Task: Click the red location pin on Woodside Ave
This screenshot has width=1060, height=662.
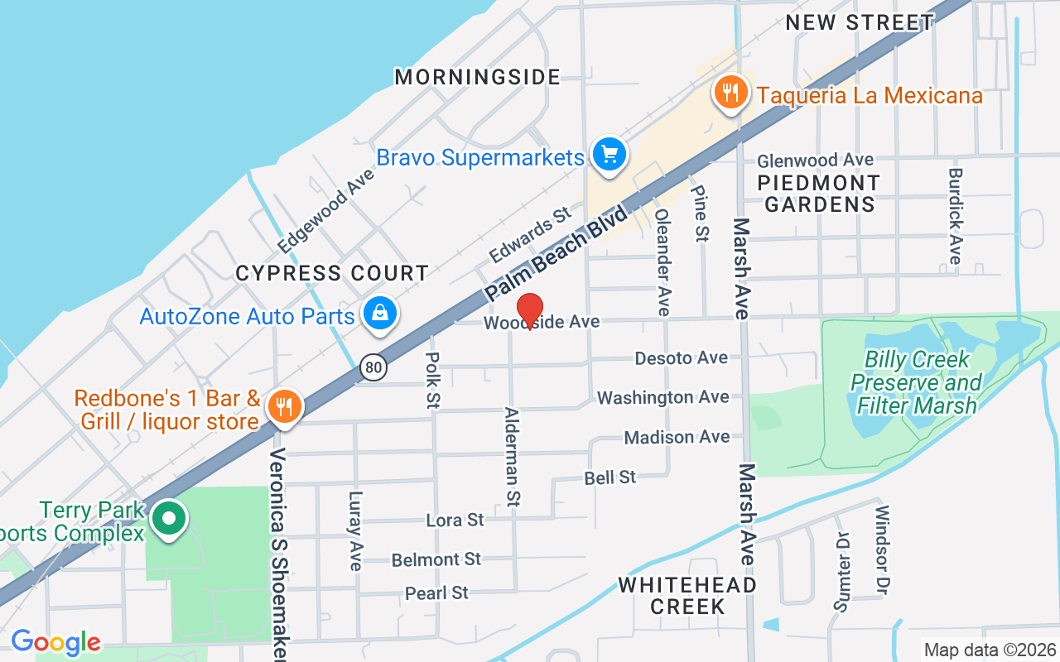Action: (x=529, y=310)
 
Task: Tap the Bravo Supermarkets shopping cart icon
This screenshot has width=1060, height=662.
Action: (x=610, y=154)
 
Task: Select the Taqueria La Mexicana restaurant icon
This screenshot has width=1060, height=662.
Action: (x=730, y=92)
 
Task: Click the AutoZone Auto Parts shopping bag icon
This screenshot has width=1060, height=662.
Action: (x=379, y=313)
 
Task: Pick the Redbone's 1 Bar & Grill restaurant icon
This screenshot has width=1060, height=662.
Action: (x=284, y=405)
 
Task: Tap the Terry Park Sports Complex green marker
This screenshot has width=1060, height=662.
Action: (x=170, y=520)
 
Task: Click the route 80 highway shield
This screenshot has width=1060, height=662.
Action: (x=373, y=367)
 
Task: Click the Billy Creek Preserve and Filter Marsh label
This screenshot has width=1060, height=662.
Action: (x=915, y=382)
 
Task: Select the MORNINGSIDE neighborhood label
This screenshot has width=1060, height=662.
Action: (x=478, y=77)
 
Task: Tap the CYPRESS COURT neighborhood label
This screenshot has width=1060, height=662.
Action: (x=332, y=273)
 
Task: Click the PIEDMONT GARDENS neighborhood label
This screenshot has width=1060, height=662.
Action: (x=819, y=193)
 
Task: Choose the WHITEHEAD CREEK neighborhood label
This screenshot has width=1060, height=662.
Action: (x=687, y=596)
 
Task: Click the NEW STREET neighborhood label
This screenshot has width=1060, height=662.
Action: (x=860, y=22)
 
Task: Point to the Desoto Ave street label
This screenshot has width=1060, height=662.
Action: (x=681, y=357)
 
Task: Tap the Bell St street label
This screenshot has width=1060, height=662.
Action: (x=610, y=477)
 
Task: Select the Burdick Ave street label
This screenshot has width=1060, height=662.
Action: (x=956, y=217)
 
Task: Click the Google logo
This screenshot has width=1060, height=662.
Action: (x=55, y=642)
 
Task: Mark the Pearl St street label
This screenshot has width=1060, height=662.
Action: (x=436, y=592)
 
